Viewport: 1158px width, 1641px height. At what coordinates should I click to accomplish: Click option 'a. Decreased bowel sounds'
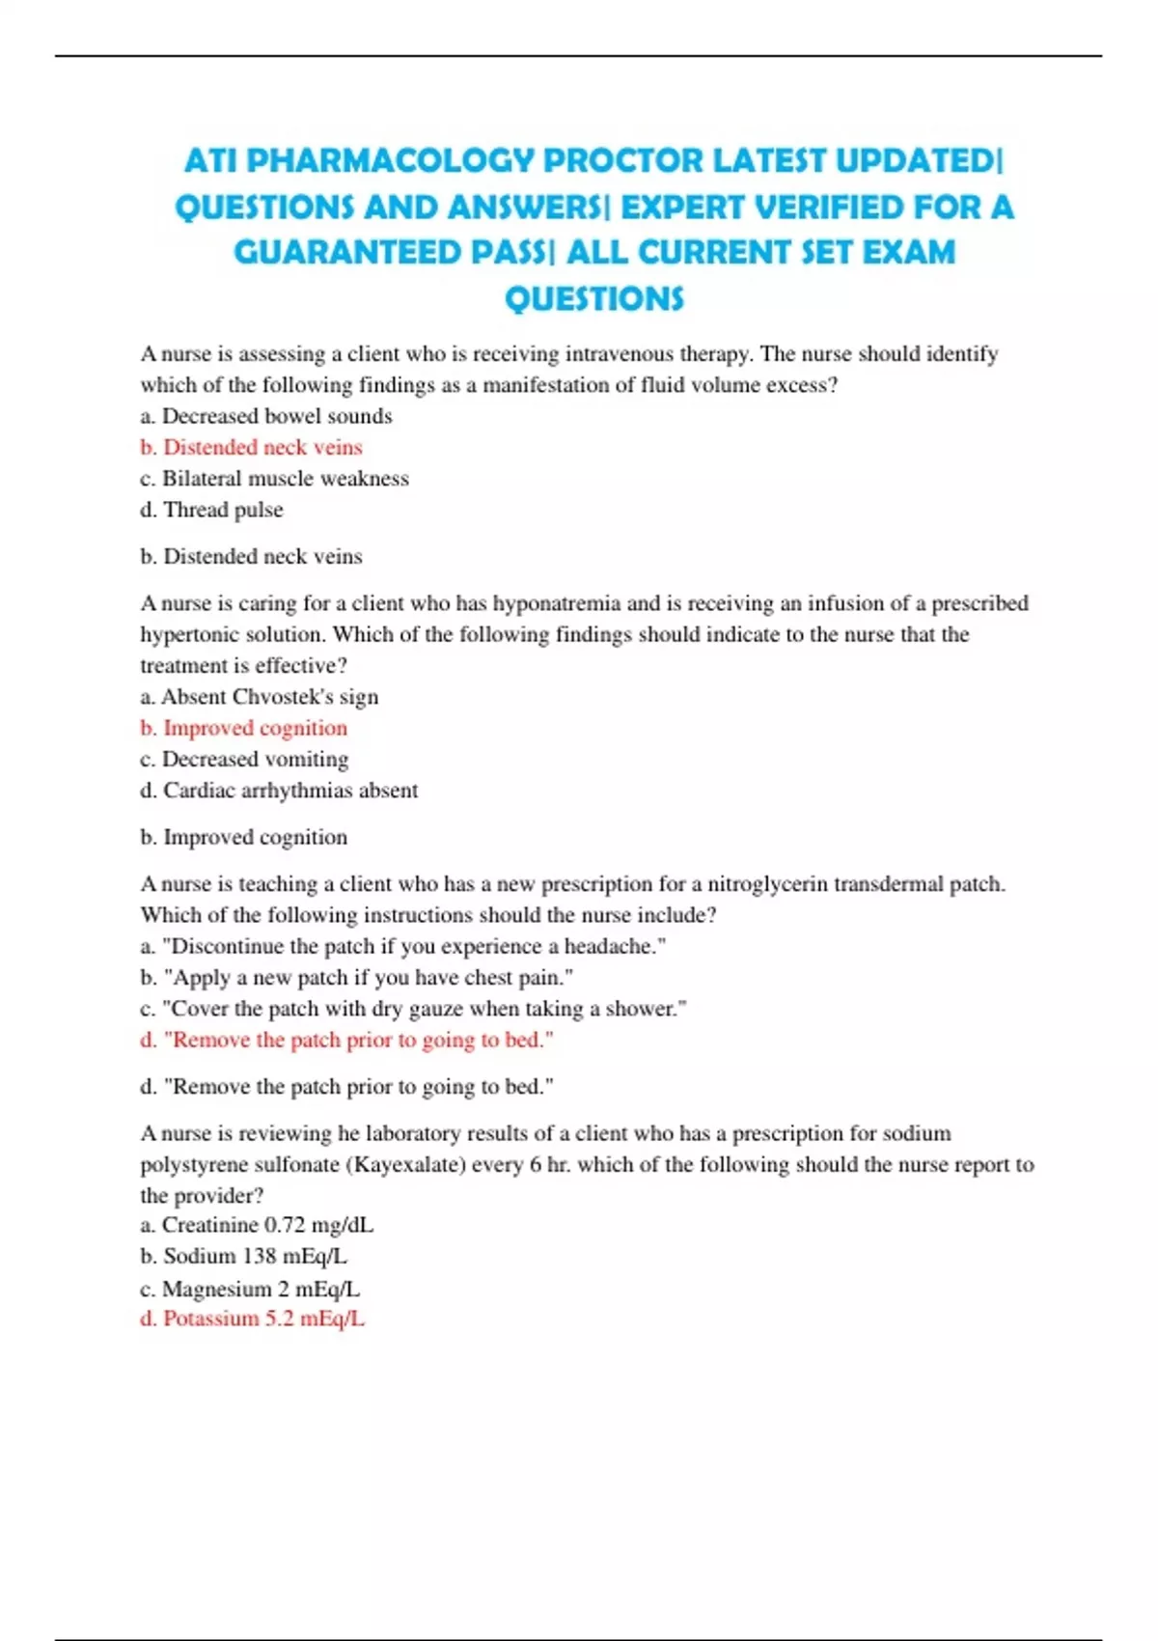click(x=265, y=416)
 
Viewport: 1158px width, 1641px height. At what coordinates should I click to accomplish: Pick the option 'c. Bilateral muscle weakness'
click(x=274, y=479)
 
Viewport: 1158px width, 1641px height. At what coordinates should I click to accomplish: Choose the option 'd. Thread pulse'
click(x=211, y=510)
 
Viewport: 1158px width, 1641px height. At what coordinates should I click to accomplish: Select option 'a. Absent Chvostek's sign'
click(x=259, y=697)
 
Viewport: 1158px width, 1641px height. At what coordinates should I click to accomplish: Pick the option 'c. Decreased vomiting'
click(x=244, y=760)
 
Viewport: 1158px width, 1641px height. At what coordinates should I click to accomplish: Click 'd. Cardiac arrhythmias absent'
click(x=279, y=791)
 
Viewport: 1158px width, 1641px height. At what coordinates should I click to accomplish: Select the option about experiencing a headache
click(x=402, y=946)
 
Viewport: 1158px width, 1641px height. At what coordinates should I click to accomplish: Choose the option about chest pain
click(x=356, y=978)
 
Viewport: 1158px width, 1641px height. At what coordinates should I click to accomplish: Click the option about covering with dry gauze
click(x=413, y=1009)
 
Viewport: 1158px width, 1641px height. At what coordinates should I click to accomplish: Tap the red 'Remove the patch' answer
click(x=346, y=1040)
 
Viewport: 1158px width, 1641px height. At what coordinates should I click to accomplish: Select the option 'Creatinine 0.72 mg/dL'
click(x=257, y=1225)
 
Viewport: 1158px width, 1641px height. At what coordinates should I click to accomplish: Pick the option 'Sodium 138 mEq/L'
click(x=243, y=1256)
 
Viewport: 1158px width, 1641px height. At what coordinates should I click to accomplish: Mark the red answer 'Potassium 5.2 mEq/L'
click(x=253, y=1319)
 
